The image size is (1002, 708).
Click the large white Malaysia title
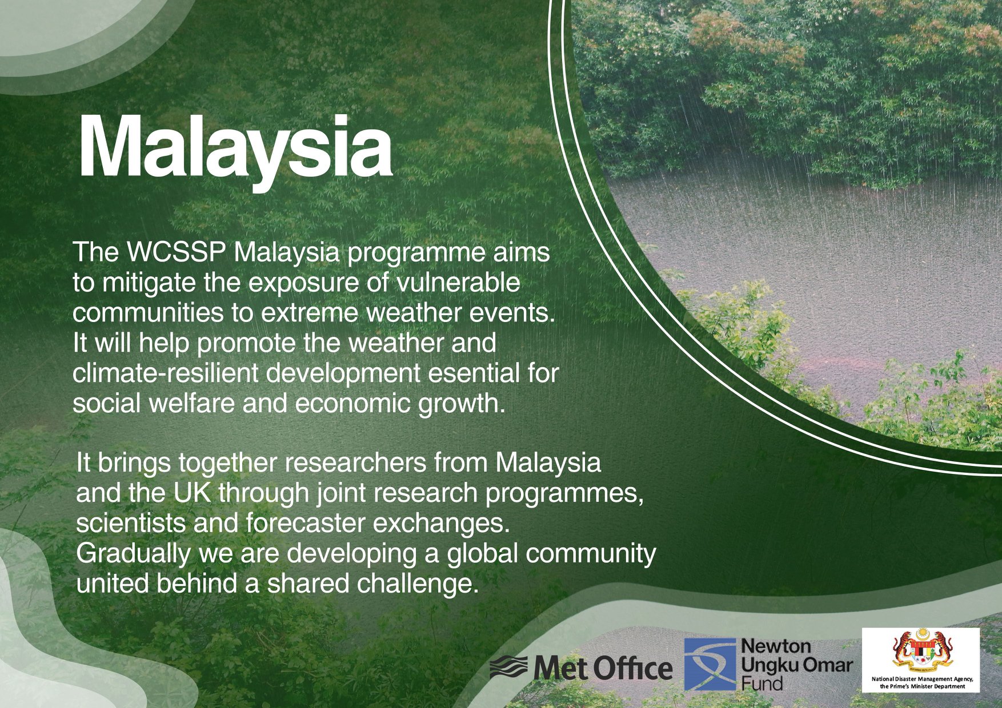coord(235,150)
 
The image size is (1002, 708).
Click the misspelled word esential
coord(477,373)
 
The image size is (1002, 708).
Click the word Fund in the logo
coord(761,682)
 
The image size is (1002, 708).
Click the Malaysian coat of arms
coord(921,651)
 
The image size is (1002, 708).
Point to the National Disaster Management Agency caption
coord(921,682)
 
